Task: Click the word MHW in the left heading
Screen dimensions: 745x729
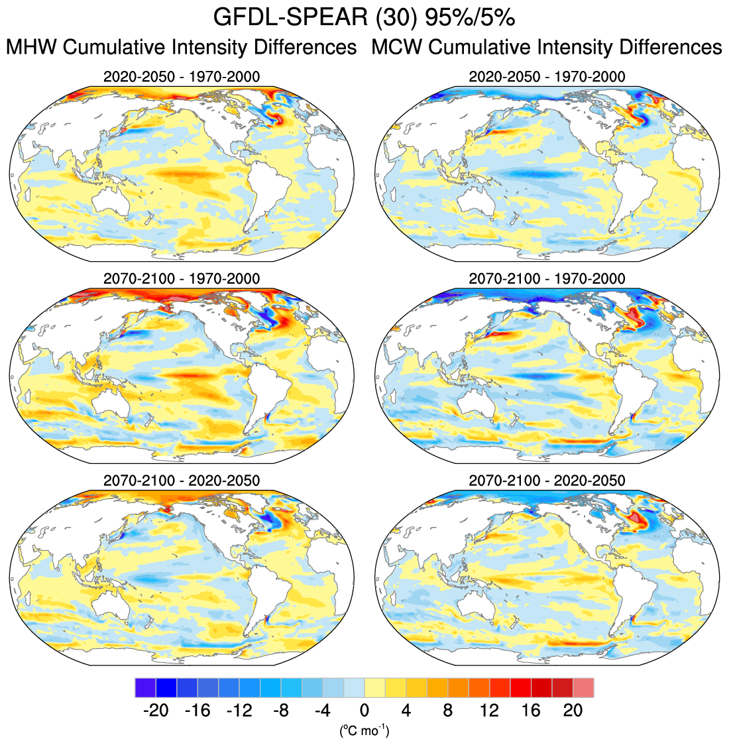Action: tap(32, 48)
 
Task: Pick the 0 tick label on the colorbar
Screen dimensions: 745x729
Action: tap(364, 711)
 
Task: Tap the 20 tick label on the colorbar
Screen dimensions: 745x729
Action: tap(573, 711)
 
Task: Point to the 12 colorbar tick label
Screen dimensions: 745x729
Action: tap(489, 711)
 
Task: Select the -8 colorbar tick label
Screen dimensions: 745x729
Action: tap(280, 711)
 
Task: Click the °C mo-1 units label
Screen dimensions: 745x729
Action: tap(364, 731)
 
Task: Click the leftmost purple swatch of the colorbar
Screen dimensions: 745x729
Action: tap(145, 687)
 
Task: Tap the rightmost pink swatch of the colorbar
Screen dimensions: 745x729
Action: tap(583, 687)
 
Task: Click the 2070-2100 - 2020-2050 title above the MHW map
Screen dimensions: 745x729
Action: tap(182, 480)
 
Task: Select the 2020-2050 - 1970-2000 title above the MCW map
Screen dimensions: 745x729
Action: tap(547, 77)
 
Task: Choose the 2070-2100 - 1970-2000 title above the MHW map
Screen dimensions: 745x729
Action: tap(182, 278)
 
